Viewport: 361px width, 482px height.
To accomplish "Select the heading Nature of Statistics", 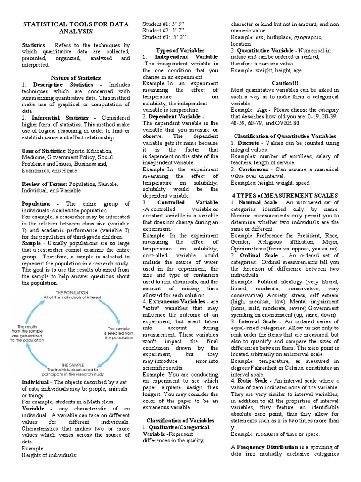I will [76, 78].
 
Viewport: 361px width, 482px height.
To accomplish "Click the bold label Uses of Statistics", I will [43, 151].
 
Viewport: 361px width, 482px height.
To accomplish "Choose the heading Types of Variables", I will [180, 50].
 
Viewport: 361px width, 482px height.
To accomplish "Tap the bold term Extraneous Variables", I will [177, 301].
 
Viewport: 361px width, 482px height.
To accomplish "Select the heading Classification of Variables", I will [180, 420].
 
